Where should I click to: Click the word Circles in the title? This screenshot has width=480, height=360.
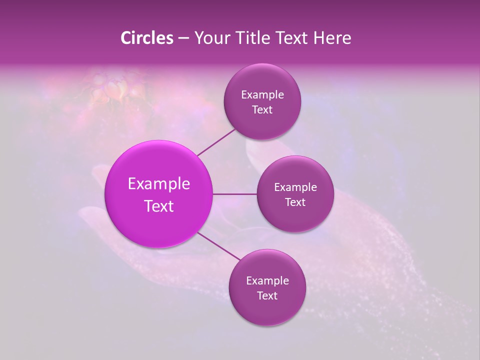point(146,38)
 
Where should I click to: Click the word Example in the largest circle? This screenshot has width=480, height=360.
point(159,184)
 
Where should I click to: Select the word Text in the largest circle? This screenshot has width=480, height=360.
point(159,206)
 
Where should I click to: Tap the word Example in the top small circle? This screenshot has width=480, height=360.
point(262,95)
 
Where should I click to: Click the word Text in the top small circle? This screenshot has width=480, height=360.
point(262,109)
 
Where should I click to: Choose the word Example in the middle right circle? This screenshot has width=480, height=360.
point(295,187)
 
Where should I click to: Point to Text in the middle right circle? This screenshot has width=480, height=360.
point(295,202)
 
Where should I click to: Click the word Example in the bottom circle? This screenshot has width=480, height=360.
point(267,281)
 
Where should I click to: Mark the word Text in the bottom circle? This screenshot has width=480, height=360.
point(267,295)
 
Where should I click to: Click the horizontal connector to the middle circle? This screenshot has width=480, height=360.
point(235,194)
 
